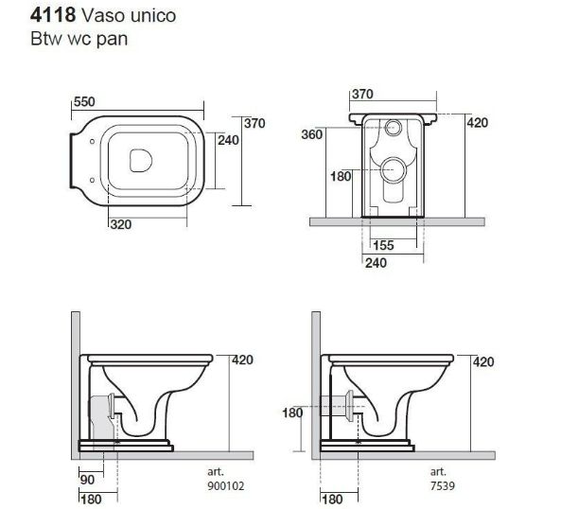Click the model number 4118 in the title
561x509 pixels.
point(53,15)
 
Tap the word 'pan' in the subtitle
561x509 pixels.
point(112,40)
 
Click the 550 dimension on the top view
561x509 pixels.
point(84,102)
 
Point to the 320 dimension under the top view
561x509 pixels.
point(121,224)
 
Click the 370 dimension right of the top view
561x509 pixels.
point(254,123)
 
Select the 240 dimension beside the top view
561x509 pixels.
point(228,140)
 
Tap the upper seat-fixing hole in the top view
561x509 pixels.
point(93,142)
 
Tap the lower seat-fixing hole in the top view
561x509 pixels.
point(93,181)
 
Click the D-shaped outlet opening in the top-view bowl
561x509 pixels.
point(141,160)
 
